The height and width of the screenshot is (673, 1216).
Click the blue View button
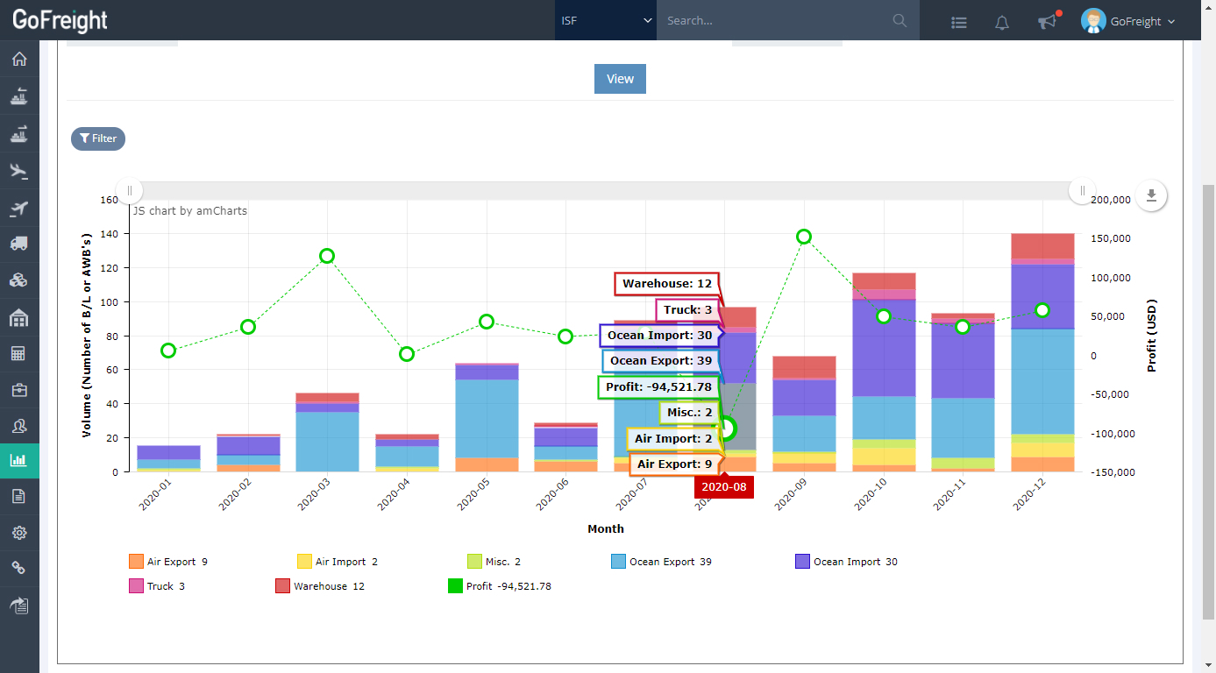click(x=620, y=79)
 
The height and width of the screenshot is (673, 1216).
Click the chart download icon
click(x=1151, y=195)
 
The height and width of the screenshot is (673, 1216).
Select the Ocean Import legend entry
click(x=846, y=562)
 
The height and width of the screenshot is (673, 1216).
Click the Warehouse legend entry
click(x=320, y=586)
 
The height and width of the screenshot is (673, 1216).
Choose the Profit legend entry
click(x=499, y=586)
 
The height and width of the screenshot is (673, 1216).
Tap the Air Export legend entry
click(x=168, y=562)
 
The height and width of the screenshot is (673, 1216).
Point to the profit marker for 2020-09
click(x=804, y=237)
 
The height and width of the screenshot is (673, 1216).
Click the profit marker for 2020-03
click(x=327, y=256)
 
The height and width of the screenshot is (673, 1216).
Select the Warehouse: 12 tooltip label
click(x=666, y=284)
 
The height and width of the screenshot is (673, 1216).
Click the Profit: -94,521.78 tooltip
click(x=658, y=386)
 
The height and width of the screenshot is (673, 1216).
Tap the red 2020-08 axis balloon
click(x=723, y=487)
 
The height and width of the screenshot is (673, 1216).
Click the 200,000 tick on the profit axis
click(x=1113, y=200)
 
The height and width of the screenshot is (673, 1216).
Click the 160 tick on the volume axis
click(x=109, y=200)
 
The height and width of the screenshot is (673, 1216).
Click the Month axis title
click(x=606, y=528)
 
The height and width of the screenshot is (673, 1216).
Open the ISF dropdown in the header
click(x=606, y=20)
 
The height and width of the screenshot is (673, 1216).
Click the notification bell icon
click(x=1002, y=23)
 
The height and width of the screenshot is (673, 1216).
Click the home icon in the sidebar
click(x=19, y=60)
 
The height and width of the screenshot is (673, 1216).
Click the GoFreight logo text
click(x=60, y=20)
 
